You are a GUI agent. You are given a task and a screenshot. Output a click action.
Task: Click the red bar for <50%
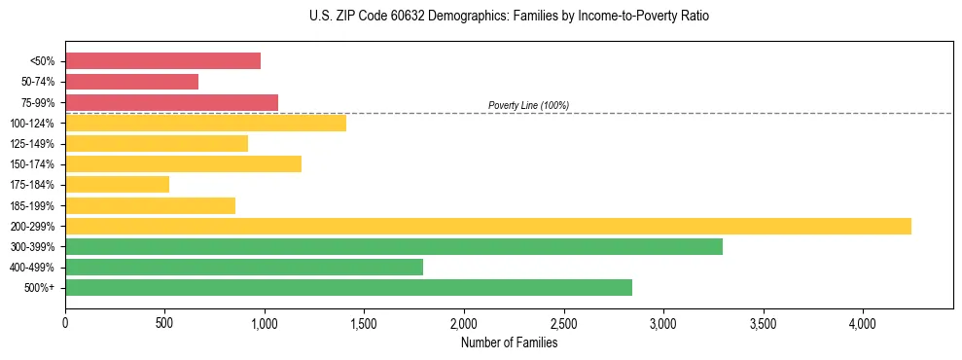click(162, 61)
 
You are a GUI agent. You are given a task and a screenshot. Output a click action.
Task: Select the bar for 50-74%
click(131, 82)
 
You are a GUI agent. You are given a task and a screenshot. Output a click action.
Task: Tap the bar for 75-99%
click(171, 102)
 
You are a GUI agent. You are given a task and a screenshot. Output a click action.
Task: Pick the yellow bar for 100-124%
click(205, 123)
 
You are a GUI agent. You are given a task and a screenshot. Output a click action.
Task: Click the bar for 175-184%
click(117, 184)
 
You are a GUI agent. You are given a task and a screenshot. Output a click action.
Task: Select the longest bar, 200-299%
click(487, 226)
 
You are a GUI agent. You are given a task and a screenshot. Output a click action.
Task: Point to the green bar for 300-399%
click(393, 246)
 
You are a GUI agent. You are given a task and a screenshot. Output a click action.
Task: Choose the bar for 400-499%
click(243, 267)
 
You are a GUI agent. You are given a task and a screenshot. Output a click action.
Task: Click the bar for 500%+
click(348, 287)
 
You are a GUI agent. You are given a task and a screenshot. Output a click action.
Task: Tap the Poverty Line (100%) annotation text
click(528, 105)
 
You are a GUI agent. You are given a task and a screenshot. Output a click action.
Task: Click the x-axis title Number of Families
click(509, 342)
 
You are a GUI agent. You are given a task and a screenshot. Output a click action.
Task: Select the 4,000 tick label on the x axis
click(863, 322)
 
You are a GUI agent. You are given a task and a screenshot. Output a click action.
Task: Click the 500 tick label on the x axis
click(164, 322)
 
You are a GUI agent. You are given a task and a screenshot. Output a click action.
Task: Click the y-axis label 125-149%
click(32, 144)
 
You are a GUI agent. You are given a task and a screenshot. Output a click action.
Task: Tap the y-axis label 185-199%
click(32, 205)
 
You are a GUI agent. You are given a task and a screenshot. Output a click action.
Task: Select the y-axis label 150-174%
click(32, 164)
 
